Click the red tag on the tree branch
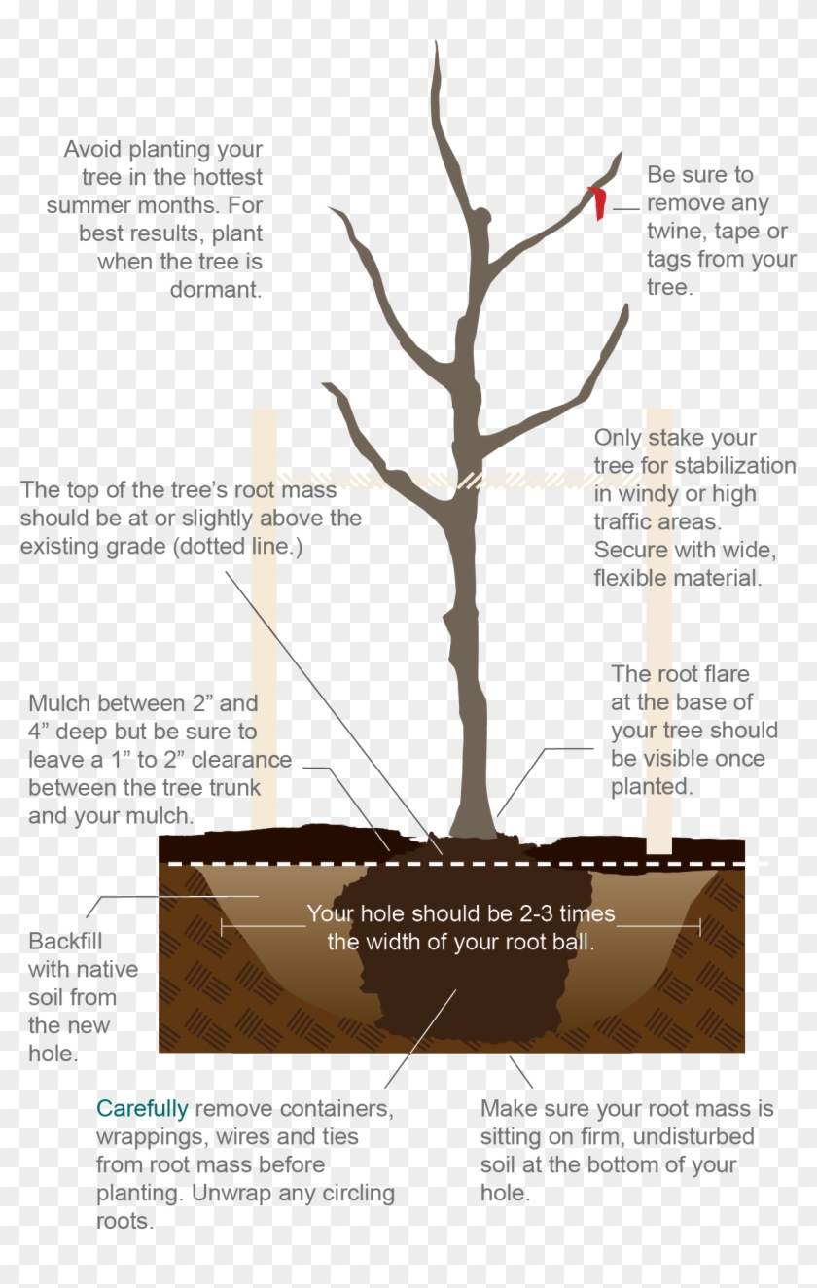[599, 201]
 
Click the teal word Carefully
[142, 1108]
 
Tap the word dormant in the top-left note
[216, 290]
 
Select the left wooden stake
[264, 623]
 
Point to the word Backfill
[65, 942]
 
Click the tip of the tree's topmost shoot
[436, 46]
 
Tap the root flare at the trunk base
[474, 827]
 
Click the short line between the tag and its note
[626, 208]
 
